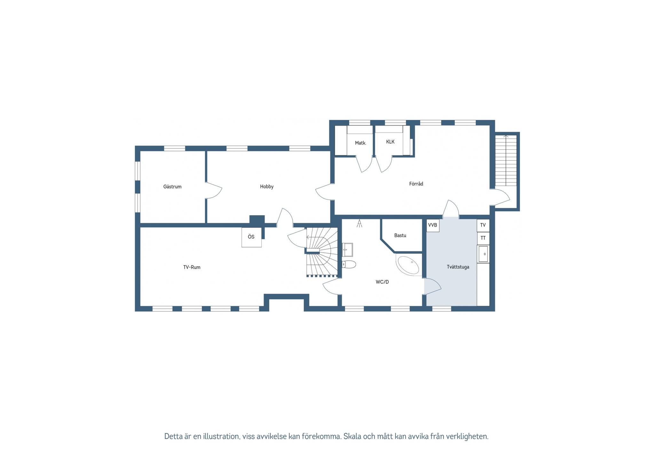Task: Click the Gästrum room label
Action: click(x=172, y=187)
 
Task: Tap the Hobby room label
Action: click(x=267, y=187)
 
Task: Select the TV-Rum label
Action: click(x=192, y=267)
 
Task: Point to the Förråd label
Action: click(x=416, y=184)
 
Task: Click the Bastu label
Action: click(x=400, y=235)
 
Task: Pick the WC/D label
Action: click(x=382, y=282)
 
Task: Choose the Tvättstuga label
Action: click(x=458, y=267)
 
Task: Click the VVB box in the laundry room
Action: click(x=433, y=225)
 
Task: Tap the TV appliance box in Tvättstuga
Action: click(x=483, y=225)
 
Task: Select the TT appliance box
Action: click(x=483, y=238)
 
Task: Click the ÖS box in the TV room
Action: click(x=251, y=237)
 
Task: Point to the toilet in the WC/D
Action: click(x=349, y=264)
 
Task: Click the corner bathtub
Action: click(x=408, y=265)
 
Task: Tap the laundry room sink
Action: click(x=483, y=254)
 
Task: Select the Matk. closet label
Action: click(x=360, y=143)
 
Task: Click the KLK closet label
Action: click(x=390, y=142)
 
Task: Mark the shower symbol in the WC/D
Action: click(x=359, y=223)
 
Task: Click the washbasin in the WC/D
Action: click(x=347, y=250)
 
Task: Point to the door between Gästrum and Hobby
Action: click(x=213, y=191)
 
